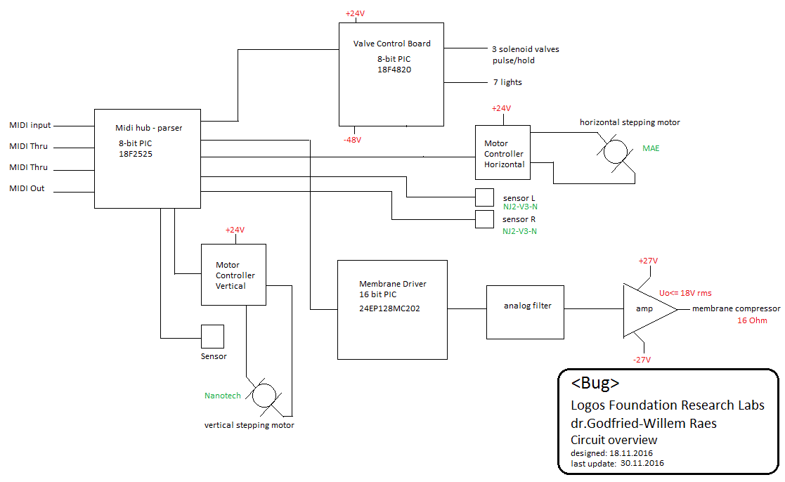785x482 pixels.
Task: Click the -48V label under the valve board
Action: (x=352, y=140)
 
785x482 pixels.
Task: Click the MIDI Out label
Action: (x=27, y=189)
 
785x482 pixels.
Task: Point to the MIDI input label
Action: (x=30, y=126)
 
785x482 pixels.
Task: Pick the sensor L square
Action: (x=484, y=198)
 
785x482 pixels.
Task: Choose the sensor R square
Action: (x=484, y=219)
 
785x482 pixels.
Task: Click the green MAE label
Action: (x=651, y=149)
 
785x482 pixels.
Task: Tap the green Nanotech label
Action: (x=223, y=396)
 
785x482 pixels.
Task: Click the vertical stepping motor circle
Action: (x=264, y=396)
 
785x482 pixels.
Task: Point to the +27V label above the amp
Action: (x=647, y=261)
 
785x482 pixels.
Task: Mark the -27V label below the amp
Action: (x=642, y=360)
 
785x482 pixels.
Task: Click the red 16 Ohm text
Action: (x=753, y=320)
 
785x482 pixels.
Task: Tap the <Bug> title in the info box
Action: (x=595, y=384)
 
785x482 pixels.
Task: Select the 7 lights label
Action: (x=507, y=82)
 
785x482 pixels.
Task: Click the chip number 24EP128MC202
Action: (x=389, y=308)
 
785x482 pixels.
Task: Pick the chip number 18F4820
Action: (x=394, y=70)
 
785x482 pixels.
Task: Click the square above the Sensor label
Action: (x=213, y=336)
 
